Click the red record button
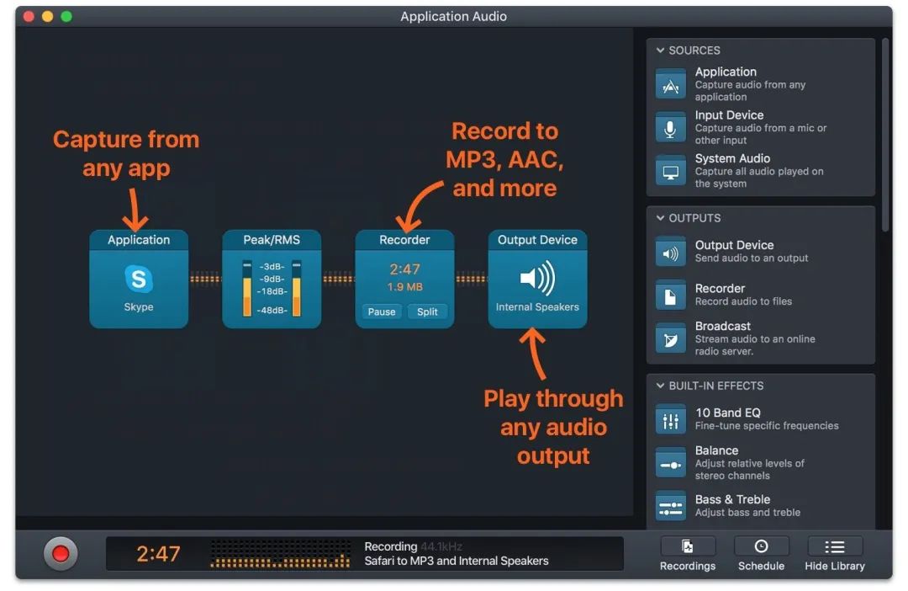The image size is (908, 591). click(61, 553)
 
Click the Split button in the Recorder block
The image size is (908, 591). click(427, 311)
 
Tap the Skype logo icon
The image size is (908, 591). click(139, 279)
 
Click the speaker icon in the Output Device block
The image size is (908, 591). click(537, 277)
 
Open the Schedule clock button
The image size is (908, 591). click(761, 546)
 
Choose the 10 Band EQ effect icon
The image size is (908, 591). click(671, 419)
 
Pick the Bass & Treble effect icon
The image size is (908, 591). click(671, 506)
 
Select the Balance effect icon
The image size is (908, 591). click(671, 463)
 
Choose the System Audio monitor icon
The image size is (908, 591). click(671, 172)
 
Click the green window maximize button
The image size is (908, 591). click(66, 17)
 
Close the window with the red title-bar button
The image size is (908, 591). click(29, 17)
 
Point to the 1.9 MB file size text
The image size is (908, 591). click(404, 287)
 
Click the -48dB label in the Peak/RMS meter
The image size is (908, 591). click(272, 311)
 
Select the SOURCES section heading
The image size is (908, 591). click(694, 51)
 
